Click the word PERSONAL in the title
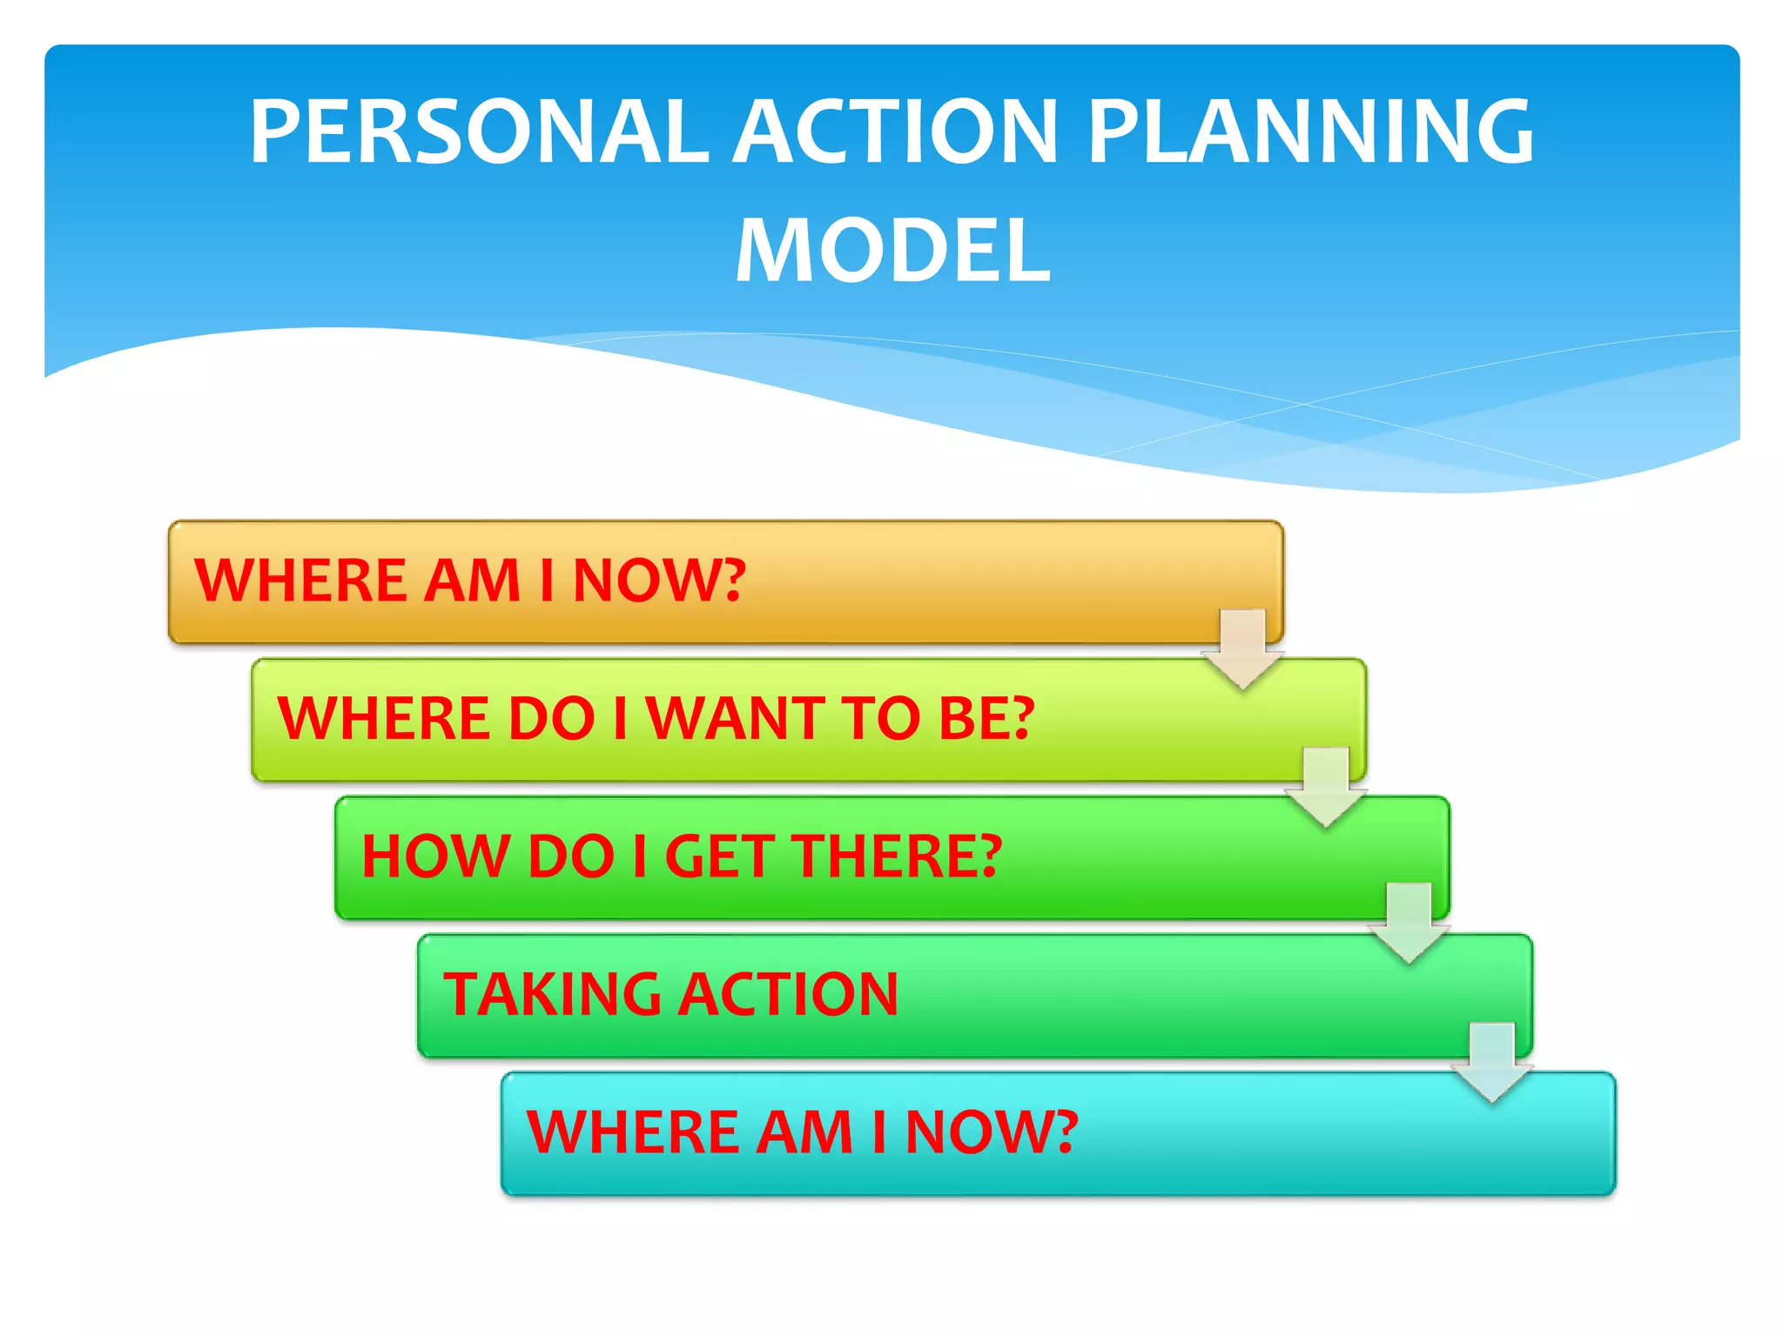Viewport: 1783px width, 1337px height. (x=478, y=131)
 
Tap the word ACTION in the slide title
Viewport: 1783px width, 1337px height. (x=894, y=131)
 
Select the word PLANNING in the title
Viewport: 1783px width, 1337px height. (x=1310, y=131)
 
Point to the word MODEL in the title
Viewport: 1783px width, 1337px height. (x=893, y=251)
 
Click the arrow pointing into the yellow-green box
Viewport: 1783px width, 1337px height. (x=1242, y=649)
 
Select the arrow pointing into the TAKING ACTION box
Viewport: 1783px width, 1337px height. (x=1409, y=924)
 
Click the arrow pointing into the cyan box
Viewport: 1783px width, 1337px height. (x=1492, y=1063)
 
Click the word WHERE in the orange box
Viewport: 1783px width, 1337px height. (x=299, y=581)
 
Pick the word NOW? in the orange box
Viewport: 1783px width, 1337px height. (x=659, y=581)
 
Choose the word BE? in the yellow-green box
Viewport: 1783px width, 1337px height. (x=986, y=719)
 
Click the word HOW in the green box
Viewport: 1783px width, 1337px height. (x=435, y=857)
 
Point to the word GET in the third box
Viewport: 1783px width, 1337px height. (x=720, y=857)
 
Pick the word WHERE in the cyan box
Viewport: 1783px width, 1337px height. (x=632, y=1132)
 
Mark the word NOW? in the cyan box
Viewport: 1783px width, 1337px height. (x=992, y=1132)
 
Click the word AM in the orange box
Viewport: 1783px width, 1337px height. (x=472, y=581)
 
